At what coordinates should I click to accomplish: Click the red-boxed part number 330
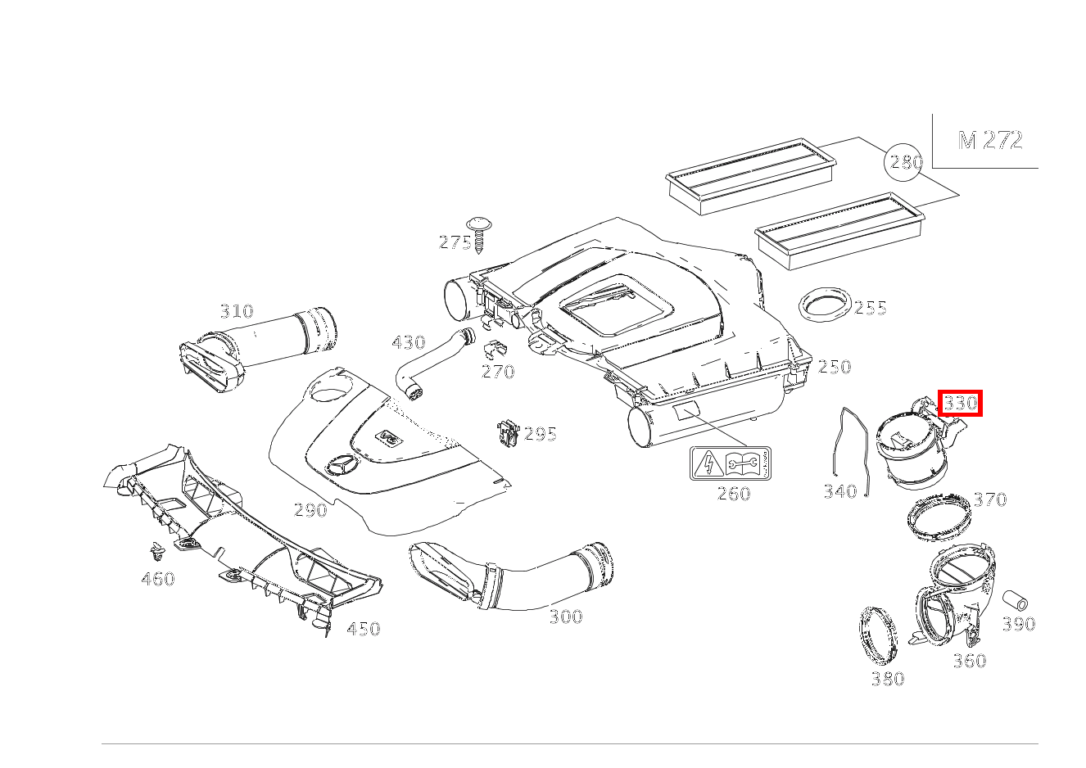point(960,404)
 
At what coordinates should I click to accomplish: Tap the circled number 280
point(906,162)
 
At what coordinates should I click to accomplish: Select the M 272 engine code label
point(990,141)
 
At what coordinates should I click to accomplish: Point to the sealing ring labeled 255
point(824,306)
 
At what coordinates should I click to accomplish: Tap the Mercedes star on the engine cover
point(341,467)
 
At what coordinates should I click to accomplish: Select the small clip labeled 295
point(508,432)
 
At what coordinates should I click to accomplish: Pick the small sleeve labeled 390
point(1015,599)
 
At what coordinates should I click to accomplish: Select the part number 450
point(363,630)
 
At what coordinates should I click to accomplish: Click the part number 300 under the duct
point(565,617)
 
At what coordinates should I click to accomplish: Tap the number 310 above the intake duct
point(236,312)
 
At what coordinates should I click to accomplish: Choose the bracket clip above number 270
point(494,350)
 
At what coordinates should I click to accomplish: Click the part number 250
point(834,368)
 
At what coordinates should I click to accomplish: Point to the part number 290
point(310,511)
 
